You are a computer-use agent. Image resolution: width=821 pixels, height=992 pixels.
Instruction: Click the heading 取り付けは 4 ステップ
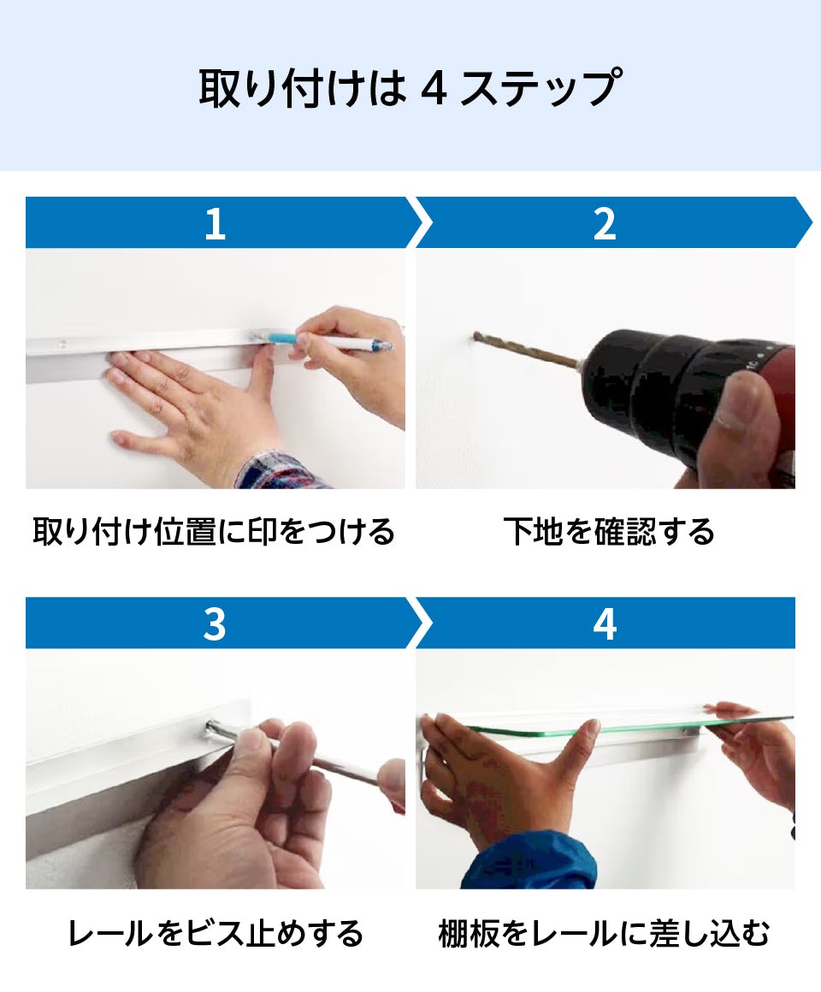coord(410,87)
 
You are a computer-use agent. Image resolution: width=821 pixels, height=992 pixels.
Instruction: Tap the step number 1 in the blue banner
coord(215,224)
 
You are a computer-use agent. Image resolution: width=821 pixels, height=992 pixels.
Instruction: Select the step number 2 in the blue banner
coord(605,224)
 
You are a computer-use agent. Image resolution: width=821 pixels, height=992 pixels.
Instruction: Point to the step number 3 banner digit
coord(215,624)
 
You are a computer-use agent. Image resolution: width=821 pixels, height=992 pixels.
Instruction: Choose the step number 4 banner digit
coord(605,624)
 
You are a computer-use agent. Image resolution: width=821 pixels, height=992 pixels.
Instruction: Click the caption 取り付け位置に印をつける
coord(215,531)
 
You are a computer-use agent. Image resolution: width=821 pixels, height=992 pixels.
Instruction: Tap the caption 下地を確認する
coord(609,531)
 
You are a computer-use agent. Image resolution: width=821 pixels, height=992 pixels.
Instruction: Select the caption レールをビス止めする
coord(215,933)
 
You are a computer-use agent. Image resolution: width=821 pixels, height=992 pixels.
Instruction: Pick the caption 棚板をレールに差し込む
coord(604,933)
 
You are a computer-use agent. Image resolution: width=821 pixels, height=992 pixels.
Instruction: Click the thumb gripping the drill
coord(747,404)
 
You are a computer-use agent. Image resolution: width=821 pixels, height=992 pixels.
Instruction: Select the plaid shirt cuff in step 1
coord(278,471)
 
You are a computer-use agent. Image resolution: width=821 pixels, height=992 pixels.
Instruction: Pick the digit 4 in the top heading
coord(434,88)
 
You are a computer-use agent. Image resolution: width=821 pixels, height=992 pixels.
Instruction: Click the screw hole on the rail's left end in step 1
coord(62,344)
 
